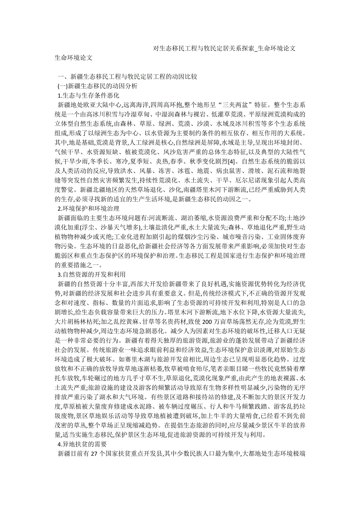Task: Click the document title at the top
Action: [x=224, y=48]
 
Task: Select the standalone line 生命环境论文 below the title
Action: [x=74, y=57]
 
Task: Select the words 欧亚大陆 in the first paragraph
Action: [x=97, y=105]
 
